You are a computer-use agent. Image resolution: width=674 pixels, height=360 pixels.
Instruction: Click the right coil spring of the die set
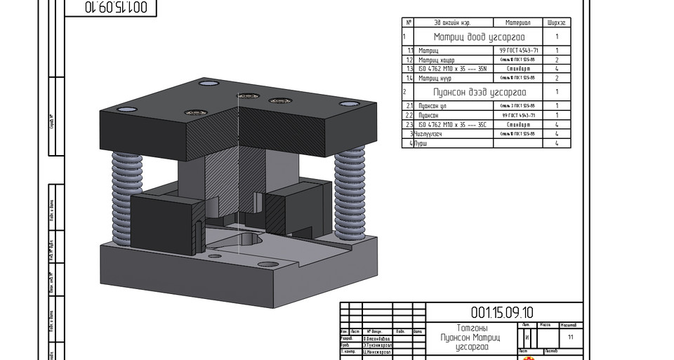point(349,190)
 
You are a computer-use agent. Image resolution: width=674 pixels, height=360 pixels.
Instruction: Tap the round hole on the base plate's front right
point(267,265)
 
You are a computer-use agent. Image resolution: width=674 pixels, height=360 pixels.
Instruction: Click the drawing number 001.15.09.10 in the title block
point(502,312)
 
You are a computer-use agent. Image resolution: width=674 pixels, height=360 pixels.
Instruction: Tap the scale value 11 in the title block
point(570,338)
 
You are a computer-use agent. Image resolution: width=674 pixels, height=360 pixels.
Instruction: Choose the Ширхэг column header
point(557,22)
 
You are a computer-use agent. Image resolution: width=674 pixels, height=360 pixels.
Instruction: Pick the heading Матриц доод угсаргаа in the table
point(478,37)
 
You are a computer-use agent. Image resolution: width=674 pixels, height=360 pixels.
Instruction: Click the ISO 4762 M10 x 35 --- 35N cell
point(452,69)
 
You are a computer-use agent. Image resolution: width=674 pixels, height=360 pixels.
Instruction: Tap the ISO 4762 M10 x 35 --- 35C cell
point(452,124)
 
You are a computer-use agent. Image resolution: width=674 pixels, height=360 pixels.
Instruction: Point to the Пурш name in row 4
point(422,143)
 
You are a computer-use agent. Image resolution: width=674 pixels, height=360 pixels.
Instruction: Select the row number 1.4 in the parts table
point(409,78)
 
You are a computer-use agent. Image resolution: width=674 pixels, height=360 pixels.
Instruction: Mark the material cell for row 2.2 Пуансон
point(518,115)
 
